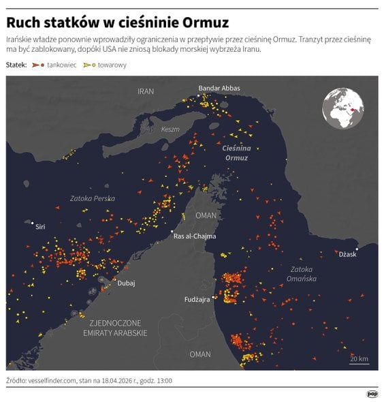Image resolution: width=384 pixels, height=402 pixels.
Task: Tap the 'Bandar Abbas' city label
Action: [x=219, y=88]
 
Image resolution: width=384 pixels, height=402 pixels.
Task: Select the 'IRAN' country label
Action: [x=146, y=91]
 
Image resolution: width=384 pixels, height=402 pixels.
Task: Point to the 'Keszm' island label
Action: [x=169, y=129]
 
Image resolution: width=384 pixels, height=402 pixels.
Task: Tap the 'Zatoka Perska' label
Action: [x=93, y=198]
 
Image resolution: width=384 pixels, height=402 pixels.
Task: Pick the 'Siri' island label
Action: [x=41, y=226]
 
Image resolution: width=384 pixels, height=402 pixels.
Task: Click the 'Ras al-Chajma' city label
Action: [x=195, y=236]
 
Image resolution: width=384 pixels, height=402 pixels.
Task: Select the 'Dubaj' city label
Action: [x=126, y=283]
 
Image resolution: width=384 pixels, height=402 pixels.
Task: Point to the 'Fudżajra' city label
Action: [x=197, y=299]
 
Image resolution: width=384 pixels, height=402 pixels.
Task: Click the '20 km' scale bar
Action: [x=359, y=360]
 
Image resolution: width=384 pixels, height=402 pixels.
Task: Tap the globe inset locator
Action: [x=343, y=108]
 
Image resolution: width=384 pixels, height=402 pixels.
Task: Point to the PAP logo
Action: [x=372, y=393]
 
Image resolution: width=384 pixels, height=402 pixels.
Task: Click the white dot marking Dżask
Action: [x=356, y=249]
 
